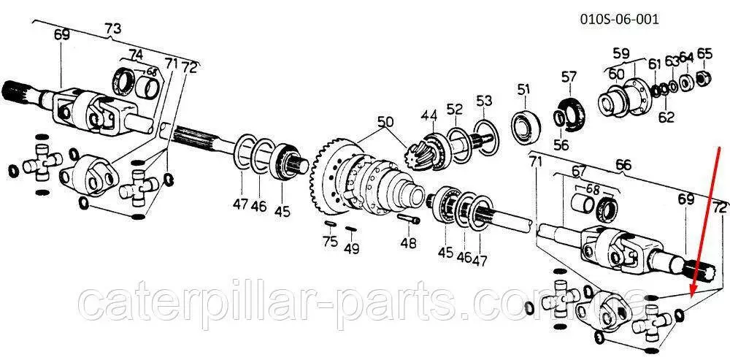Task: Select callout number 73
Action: [112, 28]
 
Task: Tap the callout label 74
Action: [136, 53]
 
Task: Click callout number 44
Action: [429, 115]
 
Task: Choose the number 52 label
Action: [455, 110]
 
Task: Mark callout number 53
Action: [485, 99]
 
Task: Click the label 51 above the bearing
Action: [523, 89]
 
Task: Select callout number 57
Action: [569, 76]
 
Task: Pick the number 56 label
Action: [561, 145]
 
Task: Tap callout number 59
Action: [620, 53]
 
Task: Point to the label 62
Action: [665, 115]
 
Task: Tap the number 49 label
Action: [353, 250]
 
